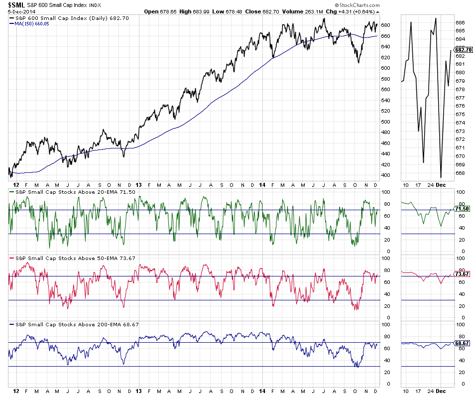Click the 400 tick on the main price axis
385,175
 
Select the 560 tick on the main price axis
385,90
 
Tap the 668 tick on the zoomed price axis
460,173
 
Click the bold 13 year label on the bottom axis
139,392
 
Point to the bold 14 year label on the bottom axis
262,392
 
